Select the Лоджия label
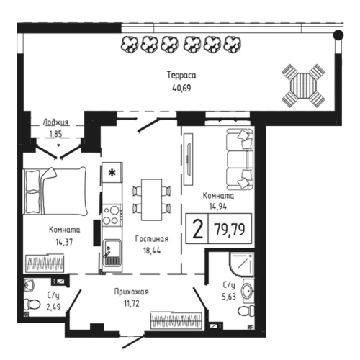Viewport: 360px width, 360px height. [55, 122]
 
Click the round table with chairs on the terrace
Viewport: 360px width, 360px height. [303, 85]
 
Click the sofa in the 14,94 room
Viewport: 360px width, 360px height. [239, 158]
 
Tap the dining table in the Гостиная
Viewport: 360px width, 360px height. [152, 198]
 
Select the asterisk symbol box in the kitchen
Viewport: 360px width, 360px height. [112, 174]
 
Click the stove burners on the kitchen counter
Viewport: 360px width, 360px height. [112, 215]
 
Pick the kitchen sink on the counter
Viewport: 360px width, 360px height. [111, 253]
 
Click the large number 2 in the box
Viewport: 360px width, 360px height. [196, 233]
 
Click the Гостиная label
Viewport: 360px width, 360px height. [151, 239]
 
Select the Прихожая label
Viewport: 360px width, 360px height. [131, 292]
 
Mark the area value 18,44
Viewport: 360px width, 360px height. [151, 251]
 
